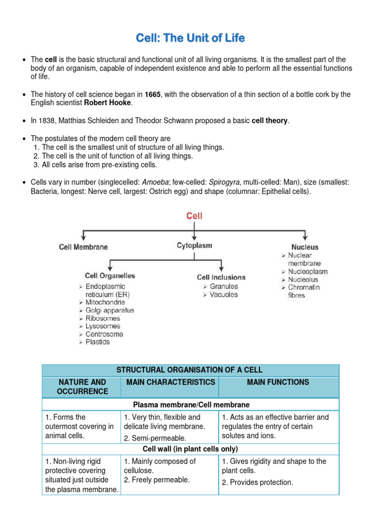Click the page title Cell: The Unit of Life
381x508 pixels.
(190, 38)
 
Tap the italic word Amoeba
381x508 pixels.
(155, 183)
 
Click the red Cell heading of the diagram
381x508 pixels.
(194, 216)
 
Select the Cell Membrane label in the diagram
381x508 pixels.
(83, 247)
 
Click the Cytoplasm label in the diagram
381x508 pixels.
(194, 245)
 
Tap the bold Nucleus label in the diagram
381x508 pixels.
(305, 247)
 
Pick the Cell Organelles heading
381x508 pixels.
(110, 276)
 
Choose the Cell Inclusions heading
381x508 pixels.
(221, 277)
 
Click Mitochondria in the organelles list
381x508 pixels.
(105, 302)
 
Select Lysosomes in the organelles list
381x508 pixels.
(103, 326)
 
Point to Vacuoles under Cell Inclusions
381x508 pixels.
(224, 294)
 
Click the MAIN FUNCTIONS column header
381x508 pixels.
(278, 382)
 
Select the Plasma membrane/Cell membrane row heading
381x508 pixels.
(190, 405)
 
